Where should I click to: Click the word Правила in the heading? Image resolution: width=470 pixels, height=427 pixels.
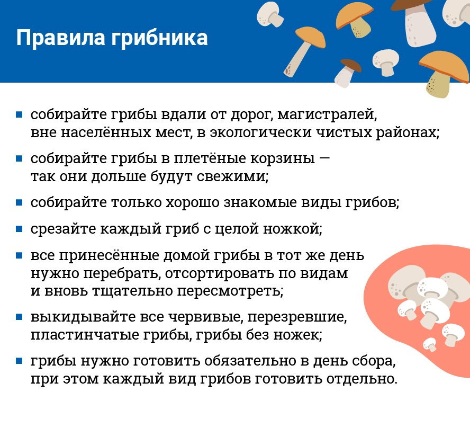pyautogui.click(x=60, y=38)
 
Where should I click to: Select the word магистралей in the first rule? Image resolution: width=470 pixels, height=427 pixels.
pyautogui.click(x=327, y=115)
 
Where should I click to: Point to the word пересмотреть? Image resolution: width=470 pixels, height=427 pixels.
pyautogui.click(x=230, y=291)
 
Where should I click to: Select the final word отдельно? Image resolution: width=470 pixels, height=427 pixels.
pyautogui.click(x=362, y=379)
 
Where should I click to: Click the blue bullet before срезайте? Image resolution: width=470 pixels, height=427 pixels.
pyautogui.click(x=19, y=229)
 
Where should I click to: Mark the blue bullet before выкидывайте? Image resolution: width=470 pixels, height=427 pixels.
pyautogui.click(x=19, y=317)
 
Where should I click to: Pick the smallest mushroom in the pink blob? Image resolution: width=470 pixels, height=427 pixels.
pyautogui.click(x=430, y=344)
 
